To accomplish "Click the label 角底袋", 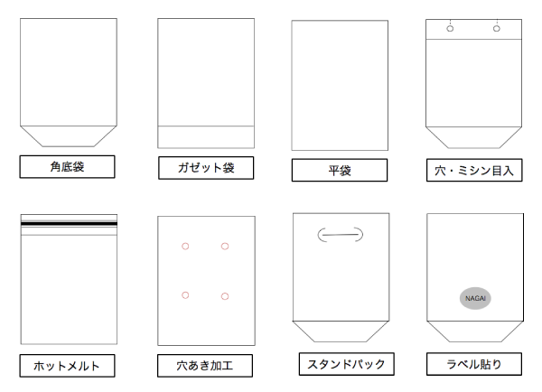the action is coord(67,167).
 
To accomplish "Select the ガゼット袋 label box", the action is coord(206,168).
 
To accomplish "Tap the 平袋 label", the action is coord(340,170).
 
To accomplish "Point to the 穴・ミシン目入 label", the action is coord(474,170).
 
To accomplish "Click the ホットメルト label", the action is coord(67,366).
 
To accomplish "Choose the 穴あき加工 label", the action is coord(205,366).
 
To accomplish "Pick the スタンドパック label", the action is coord(346,364).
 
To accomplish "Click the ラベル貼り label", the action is coord(474,364).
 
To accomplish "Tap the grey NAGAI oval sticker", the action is coord(475,298).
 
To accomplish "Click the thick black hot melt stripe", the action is coord(69,224).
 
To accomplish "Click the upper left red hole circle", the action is coord(185,246).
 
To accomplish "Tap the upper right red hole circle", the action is coord(225,246).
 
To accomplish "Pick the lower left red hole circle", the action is coord(185,295).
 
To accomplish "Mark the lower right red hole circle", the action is coord(225,296).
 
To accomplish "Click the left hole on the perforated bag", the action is coord(450,29).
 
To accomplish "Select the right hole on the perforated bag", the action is coord(497,29).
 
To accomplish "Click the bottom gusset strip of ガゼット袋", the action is coord(206,137).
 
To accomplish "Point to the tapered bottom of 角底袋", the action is coord(69,136).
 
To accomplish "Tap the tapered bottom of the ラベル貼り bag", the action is coord(475,331).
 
